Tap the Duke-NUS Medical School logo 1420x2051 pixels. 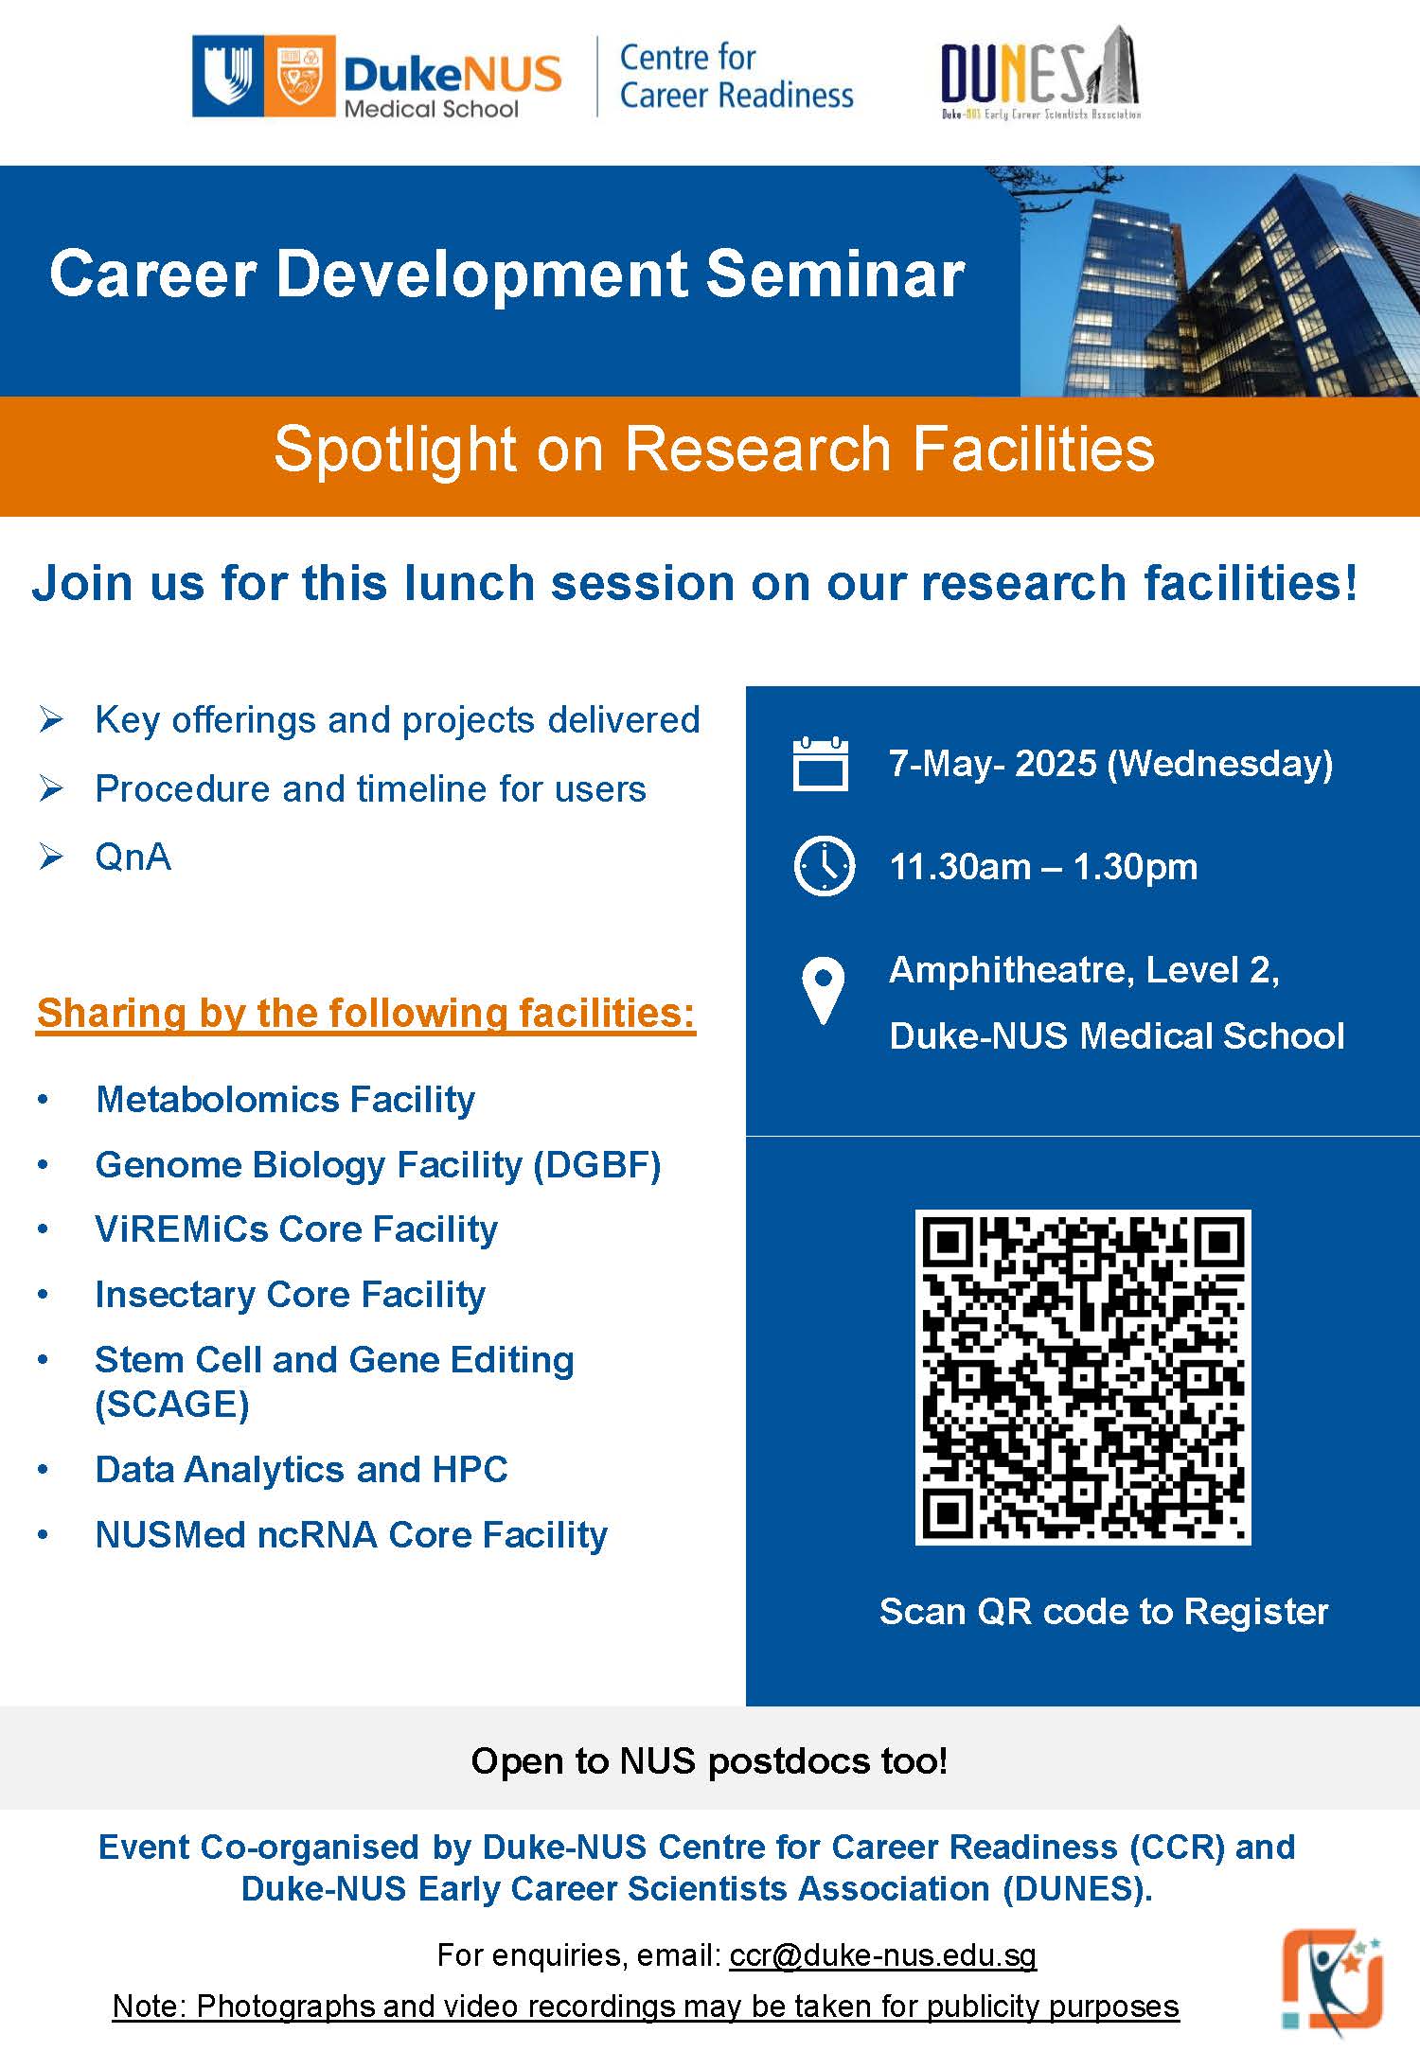(377, 77)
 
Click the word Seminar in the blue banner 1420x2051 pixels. (835, 274)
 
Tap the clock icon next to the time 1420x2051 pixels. (824, 866)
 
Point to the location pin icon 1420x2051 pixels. (823, 991)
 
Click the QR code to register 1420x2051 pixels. (1082, 1377)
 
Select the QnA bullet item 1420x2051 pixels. (133, 858)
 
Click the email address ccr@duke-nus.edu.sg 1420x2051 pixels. (883, 1955)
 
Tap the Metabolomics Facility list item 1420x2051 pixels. (285, 1100)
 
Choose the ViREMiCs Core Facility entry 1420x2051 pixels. (296, 1229)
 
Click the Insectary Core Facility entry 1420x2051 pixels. (291, 1295)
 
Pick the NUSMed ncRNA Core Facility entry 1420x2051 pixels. (351, 1535)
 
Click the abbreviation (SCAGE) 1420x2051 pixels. (172, 1405)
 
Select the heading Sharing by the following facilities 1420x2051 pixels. (366, 1014)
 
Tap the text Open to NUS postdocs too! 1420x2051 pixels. (709, 1761)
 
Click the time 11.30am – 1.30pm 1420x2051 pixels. (1043, 867)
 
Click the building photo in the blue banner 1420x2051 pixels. (1220, 281)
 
